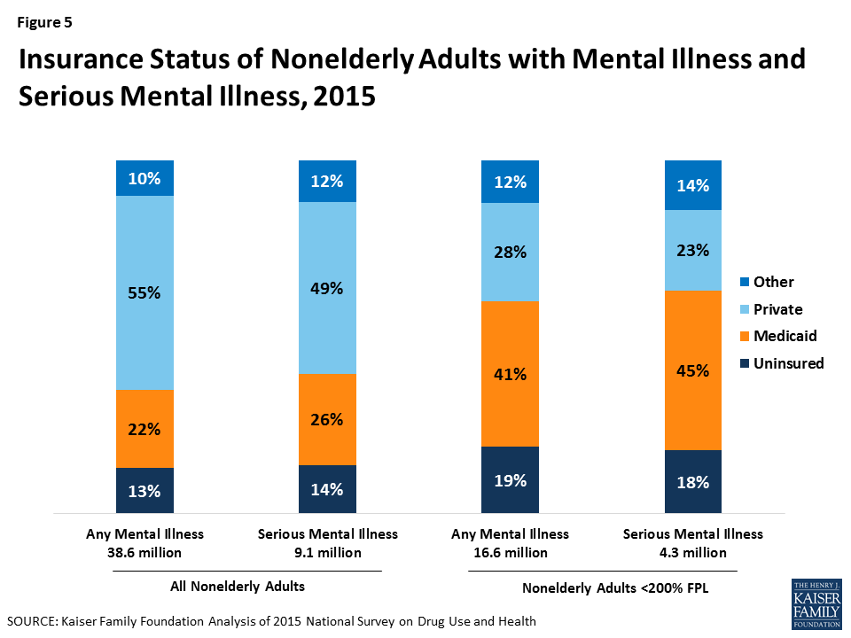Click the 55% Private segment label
[x=144, y=293]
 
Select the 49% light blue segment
[x=327, y=288]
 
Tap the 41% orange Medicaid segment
[x=510, y=374]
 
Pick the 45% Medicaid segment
[x=693, y=370]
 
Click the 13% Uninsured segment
[x=144, y=492]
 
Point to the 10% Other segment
[x=144, y=179]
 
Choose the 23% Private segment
[x=693, y=251]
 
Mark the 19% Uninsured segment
[x=510, y=480]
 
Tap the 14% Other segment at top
[x=693, y=186]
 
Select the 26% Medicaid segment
[x=327, y=420]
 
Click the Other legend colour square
[x=745, y=283]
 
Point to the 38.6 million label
[x=144, y=552]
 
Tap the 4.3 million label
[x=692, y=552]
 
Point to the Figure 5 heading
[x=45, y=22]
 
